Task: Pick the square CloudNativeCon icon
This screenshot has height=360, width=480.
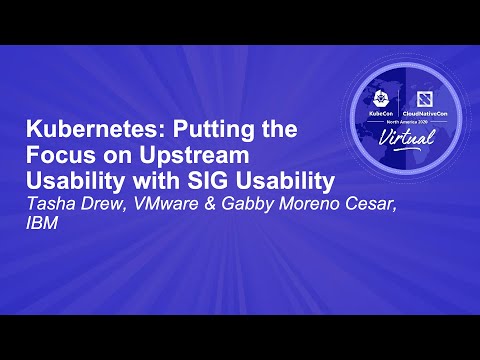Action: pos(421,96)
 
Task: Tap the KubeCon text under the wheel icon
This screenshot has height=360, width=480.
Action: pos(384,114)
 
